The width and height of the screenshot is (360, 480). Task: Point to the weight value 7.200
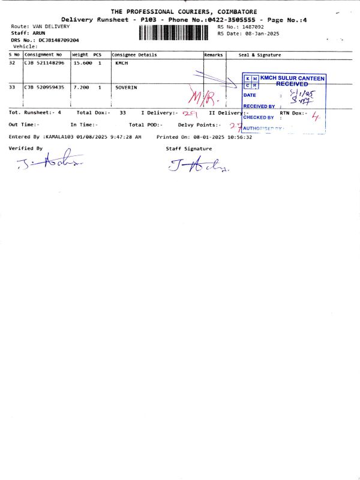coord(81,87)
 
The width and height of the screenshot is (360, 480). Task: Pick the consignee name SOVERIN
coord(126,87)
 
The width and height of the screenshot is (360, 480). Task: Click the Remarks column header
coord(214,55)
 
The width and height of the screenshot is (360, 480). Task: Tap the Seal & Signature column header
coord(260,55)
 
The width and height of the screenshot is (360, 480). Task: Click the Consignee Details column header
coord(134,55)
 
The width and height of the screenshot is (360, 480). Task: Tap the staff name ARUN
coord(38,34)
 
